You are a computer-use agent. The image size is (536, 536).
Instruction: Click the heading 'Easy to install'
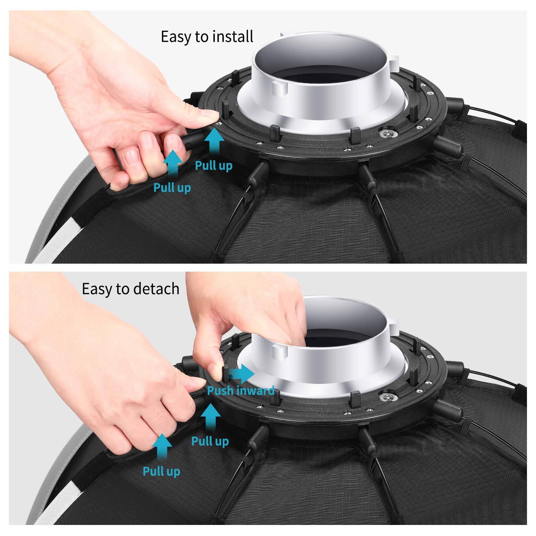point(207,37)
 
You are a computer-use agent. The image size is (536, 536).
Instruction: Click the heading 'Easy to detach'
point(130,289)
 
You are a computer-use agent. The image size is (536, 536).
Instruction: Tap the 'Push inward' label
point(241,391)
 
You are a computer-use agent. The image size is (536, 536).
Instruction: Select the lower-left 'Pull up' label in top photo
point(172,188)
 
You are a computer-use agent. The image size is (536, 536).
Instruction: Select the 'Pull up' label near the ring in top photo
point(213,165)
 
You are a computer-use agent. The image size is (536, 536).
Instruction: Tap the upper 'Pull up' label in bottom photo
point(210,441)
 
